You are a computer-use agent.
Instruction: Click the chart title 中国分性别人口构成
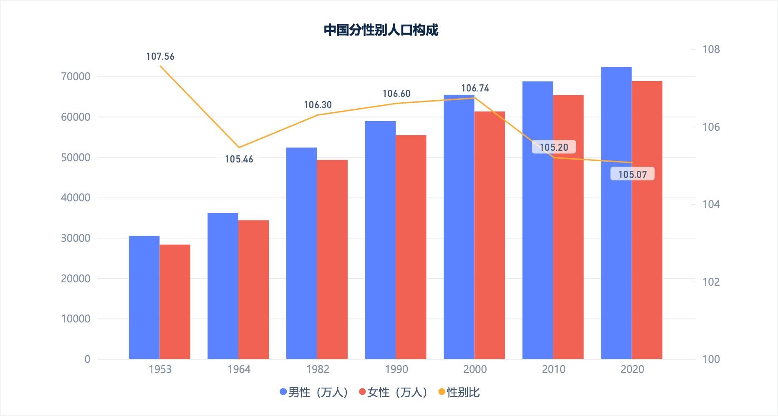[381, 30]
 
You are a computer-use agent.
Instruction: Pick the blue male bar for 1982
[301, 253]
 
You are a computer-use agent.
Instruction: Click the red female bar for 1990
[411, 247]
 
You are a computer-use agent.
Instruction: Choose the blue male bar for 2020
[616, 213]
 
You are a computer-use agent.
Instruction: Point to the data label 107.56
[160, 56]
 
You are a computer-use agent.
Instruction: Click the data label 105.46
[239, 159]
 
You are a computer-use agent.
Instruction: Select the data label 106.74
[475, 88]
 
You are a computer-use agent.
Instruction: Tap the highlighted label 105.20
[554, 147]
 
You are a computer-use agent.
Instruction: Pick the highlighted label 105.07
[632, 174]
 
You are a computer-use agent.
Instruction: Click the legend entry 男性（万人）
[314, 392]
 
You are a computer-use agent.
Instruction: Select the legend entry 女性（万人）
[393, 392]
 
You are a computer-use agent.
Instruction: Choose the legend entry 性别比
[459, 392]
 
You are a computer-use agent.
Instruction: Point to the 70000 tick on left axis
[76, 76]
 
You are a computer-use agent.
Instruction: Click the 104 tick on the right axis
[711, 204]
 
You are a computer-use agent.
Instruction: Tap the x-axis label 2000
[475, 369]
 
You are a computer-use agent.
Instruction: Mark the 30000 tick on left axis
[76, 238]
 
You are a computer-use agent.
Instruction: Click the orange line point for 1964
[239, 147]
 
